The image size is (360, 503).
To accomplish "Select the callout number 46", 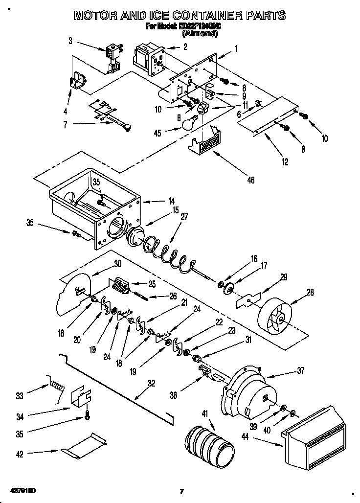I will pyautogui.click(x=250, y=180).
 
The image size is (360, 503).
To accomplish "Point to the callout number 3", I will pyautogui.click(x=70, y=41).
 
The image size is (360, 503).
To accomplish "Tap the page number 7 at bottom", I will pyautogui.click(x=181, y=491).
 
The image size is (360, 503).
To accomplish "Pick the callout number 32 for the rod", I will pyautogui.click(x=151, y=383).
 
